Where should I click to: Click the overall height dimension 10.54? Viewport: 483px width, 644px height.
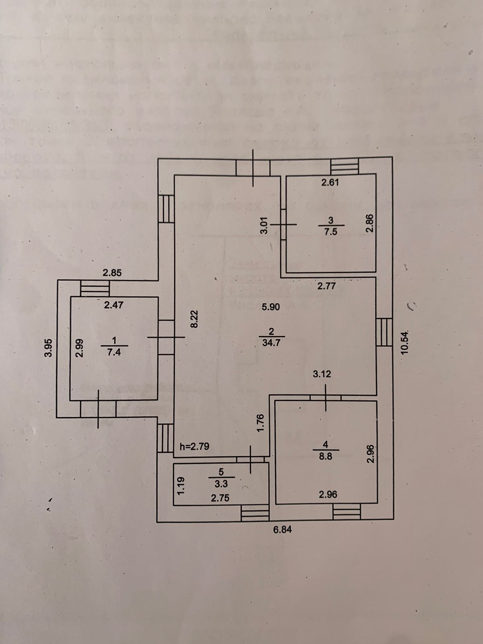(405, 342)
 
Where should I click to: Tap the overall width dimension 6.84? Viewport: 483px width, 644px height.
(283, 530)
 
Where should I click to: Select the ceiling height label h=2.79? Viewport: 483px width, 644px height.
(194, 446)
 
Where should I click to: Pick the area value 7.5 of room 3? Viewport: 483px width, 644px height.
(330, 232)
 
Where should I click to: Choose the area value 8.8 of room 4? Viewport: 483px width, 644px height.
(325, 457)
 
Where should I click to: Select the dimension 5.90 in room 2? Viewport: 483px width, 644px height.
(270, 307)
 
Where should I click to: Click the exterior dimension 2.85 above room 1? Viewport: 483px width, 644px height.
(112, 272)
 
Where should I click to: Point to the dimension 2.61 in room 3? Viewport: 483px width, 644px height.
(330, 182)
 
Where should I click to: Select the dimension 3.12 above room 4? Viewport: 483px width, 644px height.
(322, 374)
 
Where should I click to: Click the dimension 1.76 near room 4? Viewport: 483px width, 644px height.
(260, 423)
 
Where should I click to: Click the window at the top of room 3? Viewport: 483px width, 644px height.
(344, 166)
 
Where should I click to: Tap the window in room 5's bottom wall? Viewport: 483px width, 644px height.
(254, 514)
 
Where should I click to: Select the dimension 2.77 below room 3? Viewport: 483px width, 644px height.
(326, 286)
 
